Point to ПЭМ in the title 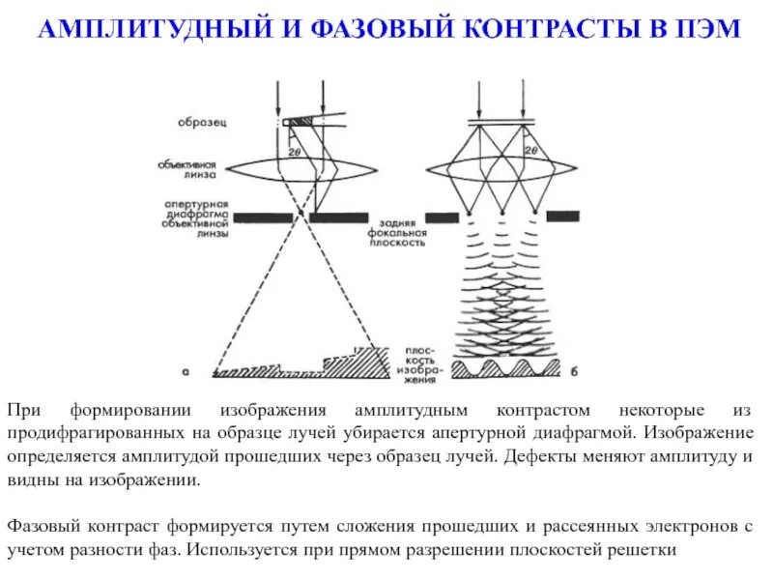pos(705,30)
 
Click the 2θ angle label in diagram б pos(530,152)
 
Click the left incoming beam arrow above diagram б pos(479,97)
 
